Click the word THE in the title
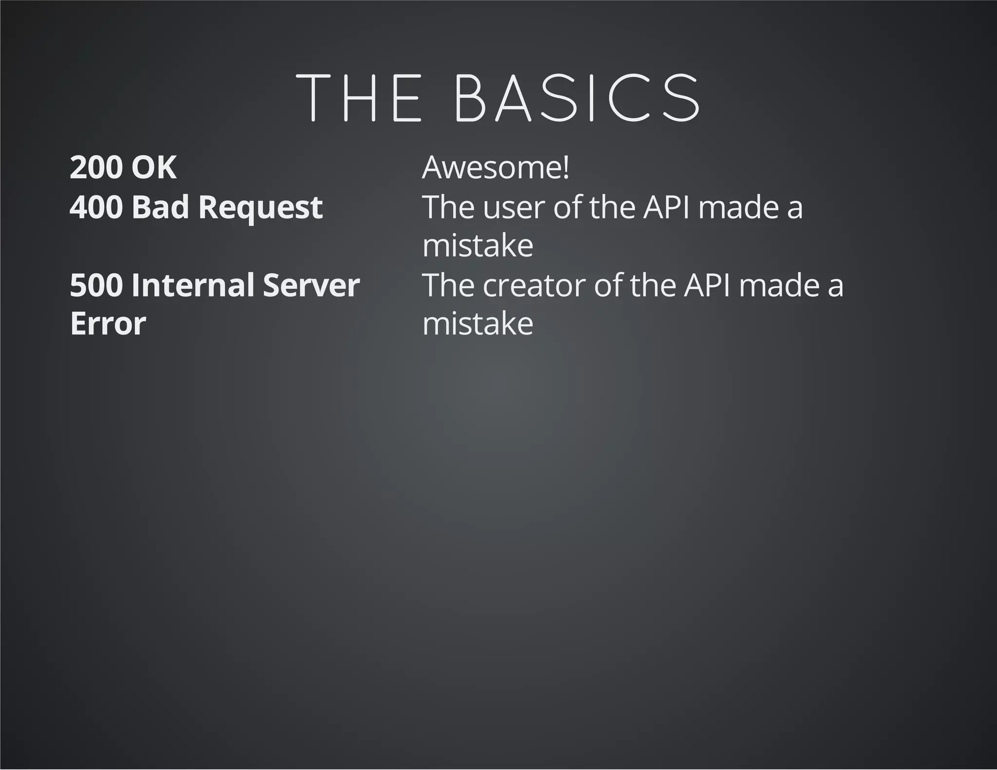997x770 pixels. pyautogui.click(x=359, y=98)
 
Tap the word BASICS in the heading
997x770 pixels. pyautogui.click(x=577, y=98)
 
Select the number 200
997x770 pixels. pyautogui.click(x=96, y=167)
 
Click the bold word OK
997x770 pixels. pyautogui.click(x=154, y=167)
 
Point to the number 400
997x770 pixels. pyautogui.click(x=96, y=207)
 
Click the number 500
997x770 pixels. pyautogui.click(x=96, y=285)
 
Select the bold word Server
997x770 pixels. pyautogui.click(x=312, y=285)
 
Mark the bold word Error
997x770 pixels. pyautogui.click(x=108, y=324)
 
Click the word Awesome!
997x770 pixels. pyautogui.click(x=496, y=167)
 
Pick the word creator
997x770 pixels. pyautogui.click(x=535, y=286)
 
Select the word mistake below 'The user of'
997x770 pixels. pyautogui.click(x=478, y=246)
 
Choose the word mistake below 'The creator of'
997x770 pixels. pyautogui.click(x=478, y=324)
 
